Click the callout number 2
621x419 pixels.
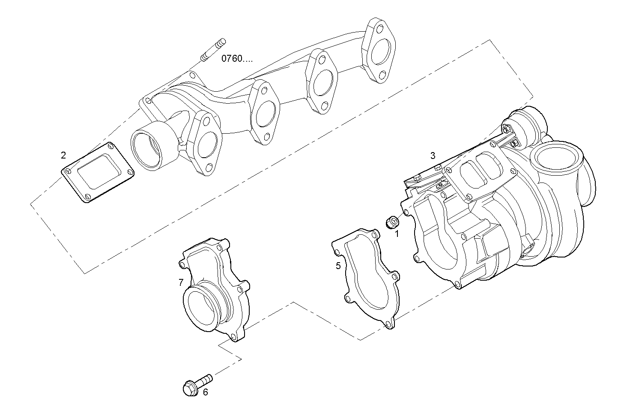(x=63, y=155)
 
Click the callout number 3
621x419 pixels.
(x=433, y=156)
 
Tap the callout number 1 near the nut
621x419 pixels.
(x=397, y=234)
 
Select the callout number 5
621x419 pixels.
(x=338, y=266)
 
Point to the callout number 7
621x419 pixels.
(x=181, y=282)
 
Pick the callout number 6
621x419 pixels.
(x=205, y=392)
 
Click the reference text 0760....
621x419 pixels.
(x=236, y=59)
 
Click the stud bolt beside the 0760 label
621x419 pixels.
(x=213, y=50)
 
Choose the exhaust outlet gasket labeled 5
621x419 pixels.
(x=367, y=278)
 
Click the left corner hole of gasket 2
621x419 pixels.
(x=67, y=171)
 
